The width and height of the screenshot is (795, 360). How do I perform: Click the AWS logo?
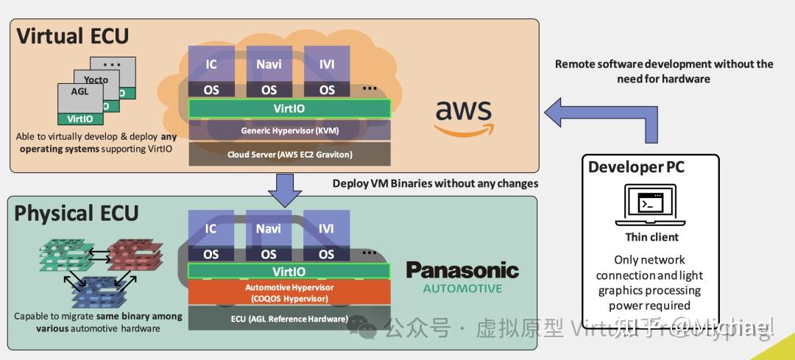tap(462, 116)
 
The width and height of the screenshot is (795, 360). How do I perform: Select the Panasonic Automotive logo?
tap(462, 277)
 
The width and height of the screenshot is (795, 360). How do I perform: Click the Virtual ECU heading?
tap(72, 35)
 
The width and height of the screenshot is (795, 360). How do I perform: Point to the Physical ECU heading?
tap(77, 213)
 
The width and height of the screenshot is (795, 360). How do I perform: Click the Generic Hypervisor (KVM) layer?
tap(289, 130)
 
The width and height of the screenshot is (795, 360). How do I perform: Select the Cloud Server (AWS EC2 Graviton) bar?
tap(289, 155)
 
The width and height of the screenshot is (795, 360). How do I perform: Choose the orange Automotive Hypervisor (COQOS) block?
tap(289, 292)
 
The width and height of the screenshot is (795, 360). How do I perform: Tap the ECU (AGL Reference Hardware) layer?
tap(289, 319)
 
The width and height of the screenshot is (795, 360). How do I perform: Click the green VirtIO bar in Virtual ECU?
tap(289, 108)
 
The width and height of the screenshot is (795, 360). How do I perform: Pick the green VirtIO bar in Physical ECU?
tap(289, 271)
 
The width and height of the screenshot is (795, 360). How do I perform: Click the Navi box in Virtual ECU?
tap(269, 64)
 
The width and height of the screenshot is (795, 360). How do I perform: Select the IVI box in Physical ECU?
tap(327, 228)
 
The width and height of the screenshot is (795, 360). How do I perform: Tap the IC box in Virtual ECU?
tap(211, 64)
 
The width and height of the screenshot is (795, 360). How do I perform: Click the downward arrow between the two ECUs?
tap(283, 191)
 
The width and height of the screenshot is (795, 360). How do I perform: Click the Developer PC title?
tap(636, 167)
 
